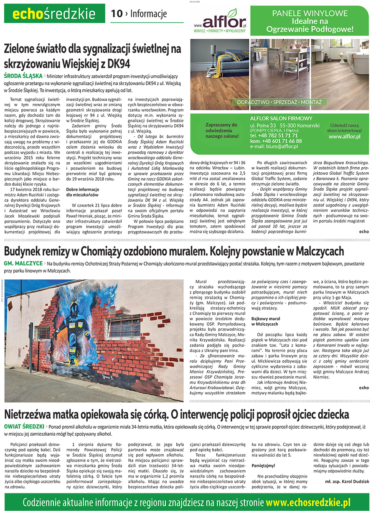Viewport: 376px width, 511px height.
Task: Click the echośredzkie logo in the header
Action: tap(54, 14)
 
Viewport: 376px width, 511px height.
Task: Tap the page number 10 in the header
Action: tap(117, 14)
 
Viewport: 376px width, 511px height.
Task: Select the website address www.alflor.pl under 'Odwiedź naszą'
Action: tap(345, 137)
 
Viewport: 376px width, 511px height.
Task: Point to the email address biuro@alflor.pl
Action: tap(274, 146)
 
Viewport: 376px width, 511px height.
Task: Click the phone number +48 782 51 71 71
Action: tap(274, 135)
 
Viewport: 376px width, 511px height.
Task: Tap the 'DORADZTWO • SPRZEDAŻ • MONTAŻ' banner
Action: tap(279, 102)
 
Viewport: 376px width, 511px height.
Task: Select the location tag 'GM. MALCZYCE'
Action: tap(23, 263)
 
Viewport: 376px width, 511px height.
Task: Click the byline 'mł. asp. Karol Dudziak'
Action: tap(347, 481)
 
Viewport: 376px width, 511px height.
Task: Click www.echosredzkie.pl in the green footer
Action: tap(307, 502)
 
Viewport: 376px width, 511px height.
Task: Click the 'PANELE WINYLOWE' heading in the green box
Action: tap(309, 13)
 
